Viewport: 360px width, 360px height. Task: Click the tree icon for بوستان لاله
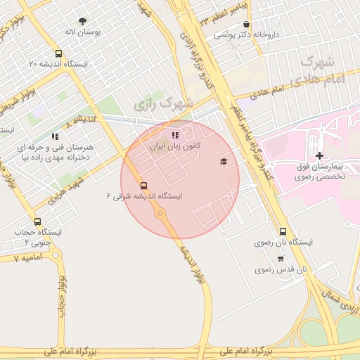[x=83, y=22]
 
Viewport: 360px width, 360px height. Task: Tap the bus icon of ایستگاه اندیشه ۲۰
[x=58, y=53]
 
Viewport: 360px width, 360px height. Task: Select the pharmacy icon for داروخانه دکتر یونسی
[x=245, y=24]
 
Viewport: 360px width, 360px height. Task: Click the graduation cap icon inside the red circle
[x=224, y=162]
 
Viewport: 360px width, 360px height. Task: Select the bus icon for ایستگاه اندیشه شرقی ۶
[x=144, y=186]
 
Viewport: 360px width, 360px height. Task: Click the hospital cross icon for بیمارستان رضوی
[x=319, y=155]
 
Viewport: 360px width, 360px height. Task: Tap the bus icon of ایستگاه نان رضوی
[x=283, y=231]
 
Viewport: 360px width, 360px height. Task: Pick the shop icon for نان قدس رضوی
[x=281, y=258]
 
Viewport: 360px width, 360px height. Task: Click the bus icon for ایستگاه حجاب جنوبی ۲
[x=37, y=221]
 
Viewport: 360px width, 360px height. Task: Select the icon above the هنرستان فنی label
[x=55, y=136]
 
